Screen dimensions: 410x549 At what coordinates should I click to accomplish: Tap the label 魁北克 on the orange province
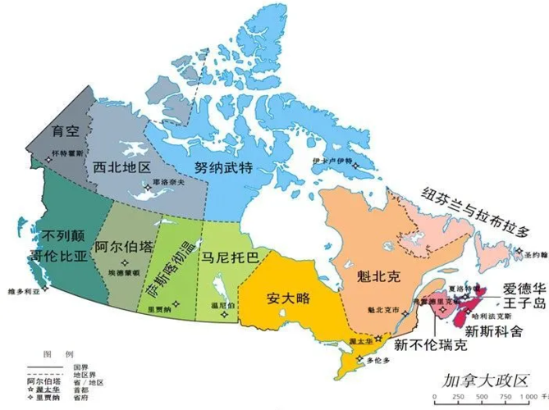tap(362, 275)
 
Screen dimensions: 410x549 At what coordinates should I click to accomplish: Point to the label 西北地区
tap(121, 166)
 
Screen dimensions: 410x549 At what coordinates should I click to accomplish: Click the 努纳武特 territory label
tap(223, 166)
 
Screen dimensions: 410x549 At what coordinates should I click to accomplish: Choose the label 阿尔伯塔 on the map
tap(124, 247)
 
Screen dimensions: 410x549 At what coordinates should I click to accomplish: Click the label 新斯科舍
tap(492, 331)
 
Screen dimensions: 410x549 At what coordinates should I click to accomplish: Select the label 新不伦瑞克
tap(430, 344)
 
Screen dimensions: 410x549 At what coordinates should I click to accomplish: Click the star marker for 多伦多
tap(362, 358)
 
